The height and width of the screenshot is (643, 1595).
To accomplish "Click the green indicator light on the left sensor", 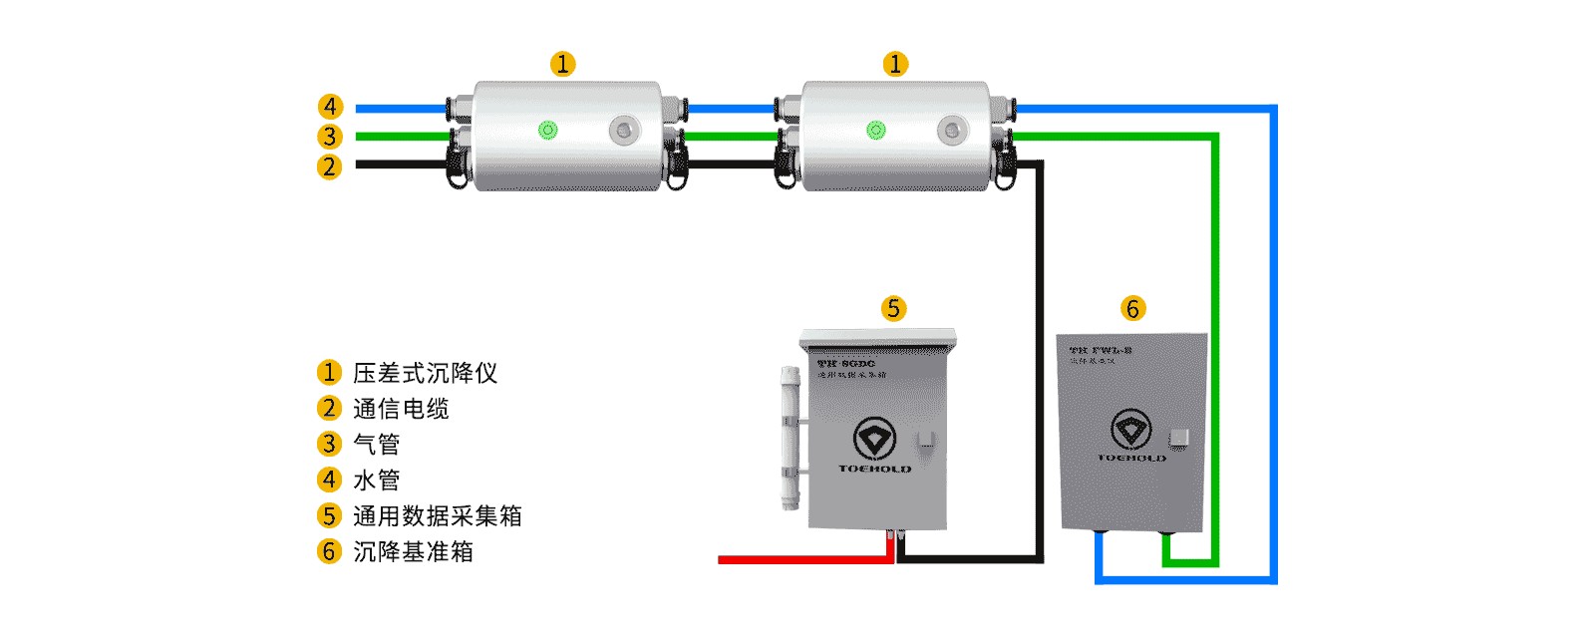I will pos(547,130).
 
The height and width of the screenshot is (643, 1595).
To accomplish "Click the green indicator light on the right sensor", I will pos(876,130).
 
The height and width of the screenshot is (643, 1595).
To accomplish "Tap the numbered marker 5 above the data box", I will pos(893,308).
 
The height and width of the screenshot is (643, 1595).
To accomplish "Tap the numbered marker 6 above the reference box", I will pos(1132,308).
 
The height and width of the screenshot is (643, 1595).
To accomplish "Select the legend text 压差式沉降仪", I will pos(425,373).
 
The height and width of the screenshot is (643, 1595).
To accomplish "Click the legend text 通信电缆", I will pos(401,409).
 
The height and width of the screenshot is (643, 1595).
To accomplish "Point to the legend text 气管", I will pos(377,445).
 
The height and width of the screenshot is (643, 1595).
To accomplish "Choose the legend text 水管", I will pos(377,480).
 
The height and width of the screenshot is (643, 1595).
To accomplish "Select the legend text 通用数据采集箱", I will pos(437,515).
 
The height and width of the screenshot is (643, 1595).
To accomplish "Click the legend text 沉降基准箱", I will pos(413,551).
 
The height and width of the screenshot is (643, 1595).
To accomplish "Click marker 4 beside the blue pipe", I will pos(330,107).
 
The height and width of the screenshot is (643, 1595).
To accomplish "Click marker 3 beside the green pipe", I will pos(330,137).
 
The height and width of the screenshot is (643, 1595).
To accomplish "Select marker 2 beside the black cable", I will pos(330,166).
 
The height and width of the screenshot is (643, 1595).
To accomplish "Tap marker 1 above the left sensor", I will pos(563,64).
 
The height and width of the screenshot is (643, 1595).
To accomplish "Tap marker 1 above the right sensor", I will pos(895,64).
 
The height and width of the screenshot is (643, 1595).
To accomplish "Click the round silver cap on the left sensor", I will pos(624,130).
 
